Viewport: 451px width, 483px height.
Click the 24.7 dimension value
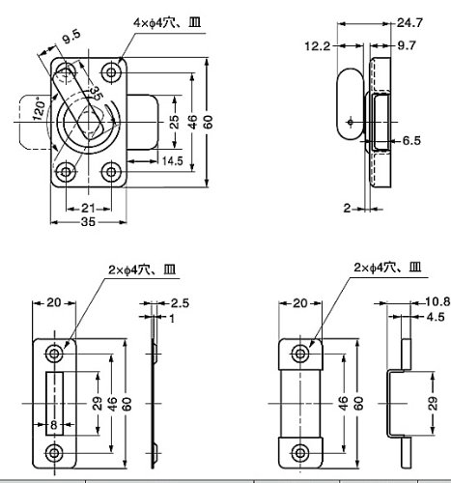(409, 23)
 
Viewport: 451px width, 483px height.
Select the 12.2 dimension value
(318, 46)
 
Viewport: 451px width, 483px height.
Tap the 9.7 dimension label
(407, 45)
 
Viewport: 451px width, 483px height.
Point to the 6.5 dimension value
(411, 141)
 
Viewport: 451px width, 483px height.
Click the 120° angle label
(40, 109)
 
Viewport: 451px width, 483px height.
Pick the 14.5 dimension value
(172, 161)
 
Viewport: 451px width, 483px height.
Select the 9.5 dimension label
(71, 37)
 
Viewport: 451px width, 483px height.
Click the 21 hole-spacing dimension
(88, 209)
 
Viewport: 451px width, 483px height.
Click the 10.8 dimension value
(437, 301)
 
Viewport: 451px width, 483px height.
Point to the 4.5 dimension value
(436, 317)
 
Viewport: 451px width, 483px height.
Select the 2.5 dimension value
(180, 303)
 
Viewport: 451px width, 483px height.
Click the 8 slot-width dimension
(54, 425)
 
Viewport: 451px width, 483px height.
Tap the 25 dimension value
(174, 122)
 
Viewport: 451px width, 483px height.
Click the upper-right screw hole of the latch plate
(111, 72)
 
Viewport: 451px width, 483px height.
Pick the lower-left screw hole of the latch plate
(66, 172)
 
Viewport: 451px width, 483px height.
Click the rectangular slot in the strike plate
(54, 404)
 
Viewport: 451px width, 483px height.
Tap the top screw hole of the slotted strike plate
(54, 354)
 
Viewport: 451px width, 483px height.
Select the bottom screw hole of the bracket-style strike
(300, 453)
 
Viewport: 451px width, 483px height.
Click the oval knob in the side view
(350, 103)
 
